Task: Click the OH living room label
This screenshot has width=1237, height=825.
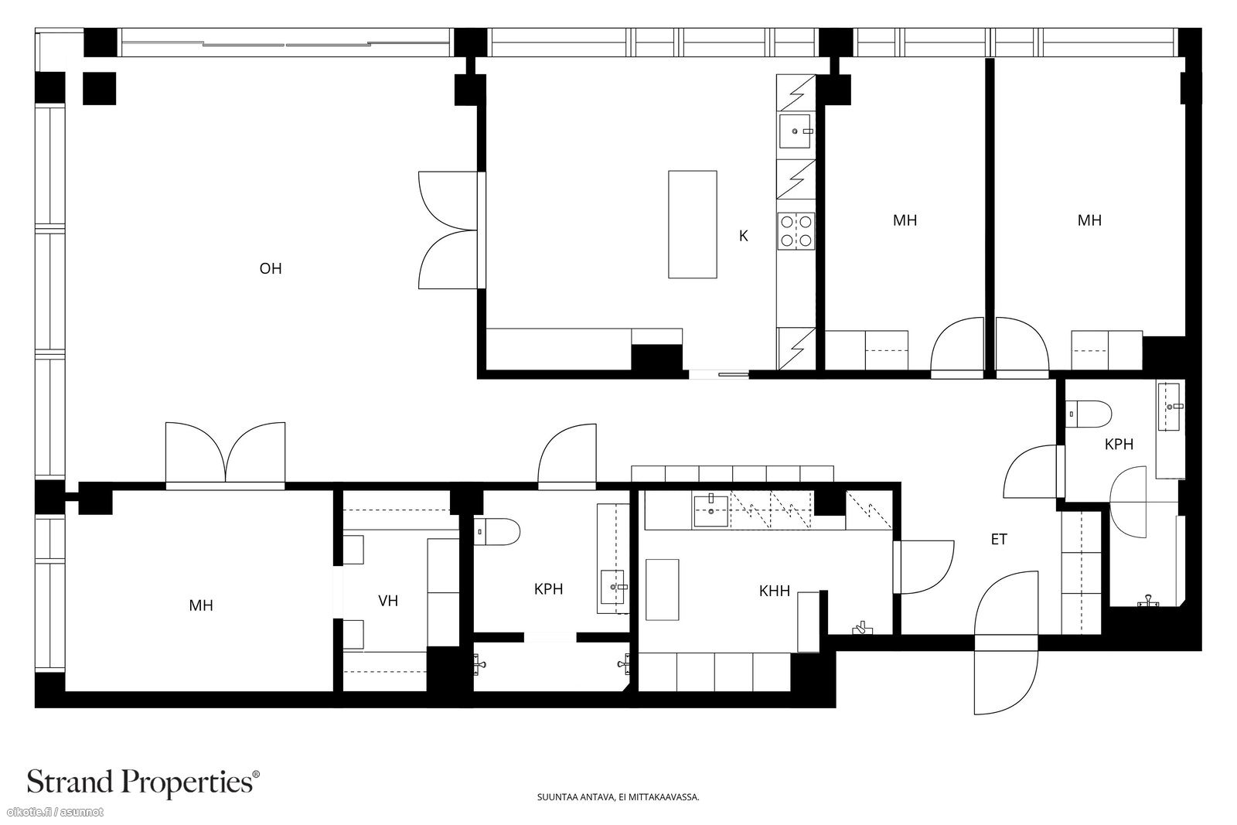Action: pyautogui.click(x=271, y=269)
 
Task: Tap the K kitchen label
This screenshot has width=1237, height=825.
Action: pyautogui.click(x=743, y=237)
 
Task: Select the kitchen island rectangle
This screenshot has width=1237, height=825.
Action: pyautogui.click(x=693, y=224)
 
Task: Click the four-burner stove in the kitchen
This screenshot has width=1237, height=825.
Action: pyautogui.click(x=796, y=231)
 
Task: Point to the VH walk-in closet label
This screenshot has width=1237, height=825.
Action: pyautogui.click(x=388, y=601)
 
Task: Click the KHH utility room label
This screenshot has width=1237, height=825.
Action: pyautogui.click(x=774, y=591)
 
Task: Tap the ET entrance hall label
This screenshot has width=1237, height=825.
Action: pyautogui.click(x=999, y=540)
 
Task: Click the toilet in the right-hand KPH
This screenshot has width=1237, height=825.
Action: pyautogui.click(x=1088, y=414)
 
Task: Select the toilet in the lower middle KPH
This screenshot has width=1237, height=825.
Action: pyautogui.click(x=497, y=532)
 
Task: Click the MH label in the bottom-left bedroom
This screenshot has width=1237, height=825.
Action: pyautogui.click(x=201, y=605)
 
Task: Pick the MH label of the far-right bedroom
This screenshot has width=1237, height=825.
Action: pyautogui.click(x=1089, y=221)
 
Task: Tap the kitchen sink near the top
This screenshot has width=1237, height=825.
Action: pyautogui.click(x=796, y=131)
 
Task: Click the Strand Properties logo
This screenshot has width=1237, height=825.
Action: pyautogui.click(x=143, y=782)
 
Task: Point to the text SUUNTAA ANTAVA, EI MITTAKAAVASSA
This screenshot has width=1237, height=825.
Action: pyautogui.click(x=618, y=797)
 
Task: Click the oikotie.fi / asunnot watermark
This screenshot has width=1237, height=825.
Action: pyautogui.click(x=55, y=813)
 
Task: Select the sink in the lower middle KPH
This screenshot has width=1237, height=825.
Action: pyautogui.click(x=612, y=587)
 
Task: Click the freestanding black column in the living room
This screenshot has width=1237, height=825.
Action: pyautogui.click(x=100, y=88)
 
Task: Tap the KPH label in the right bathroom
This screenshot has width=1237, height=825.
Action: pyautogui.click(x=1119, y=445)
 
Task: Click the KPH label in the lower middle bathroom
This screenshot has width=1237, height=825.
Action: pyautogui.click(x=548, y=590)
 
